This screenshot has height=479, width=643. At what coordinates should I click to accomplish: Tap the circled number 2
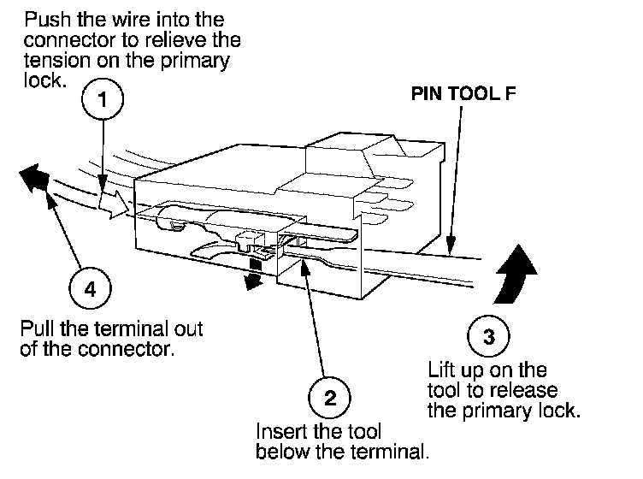(x=331, y=397)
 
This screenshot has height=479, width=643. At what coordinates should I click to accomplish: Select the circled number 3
(x=488, y=336)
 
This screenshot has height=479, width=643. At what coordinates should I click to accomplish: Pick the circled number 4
(x=90, y=287)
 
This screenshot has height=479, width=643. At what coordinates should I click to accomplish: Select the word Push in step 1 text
(x=42, y=19)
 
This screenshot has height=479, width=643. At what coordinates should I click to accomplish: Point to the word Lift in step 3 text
(x=442, y=370)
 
